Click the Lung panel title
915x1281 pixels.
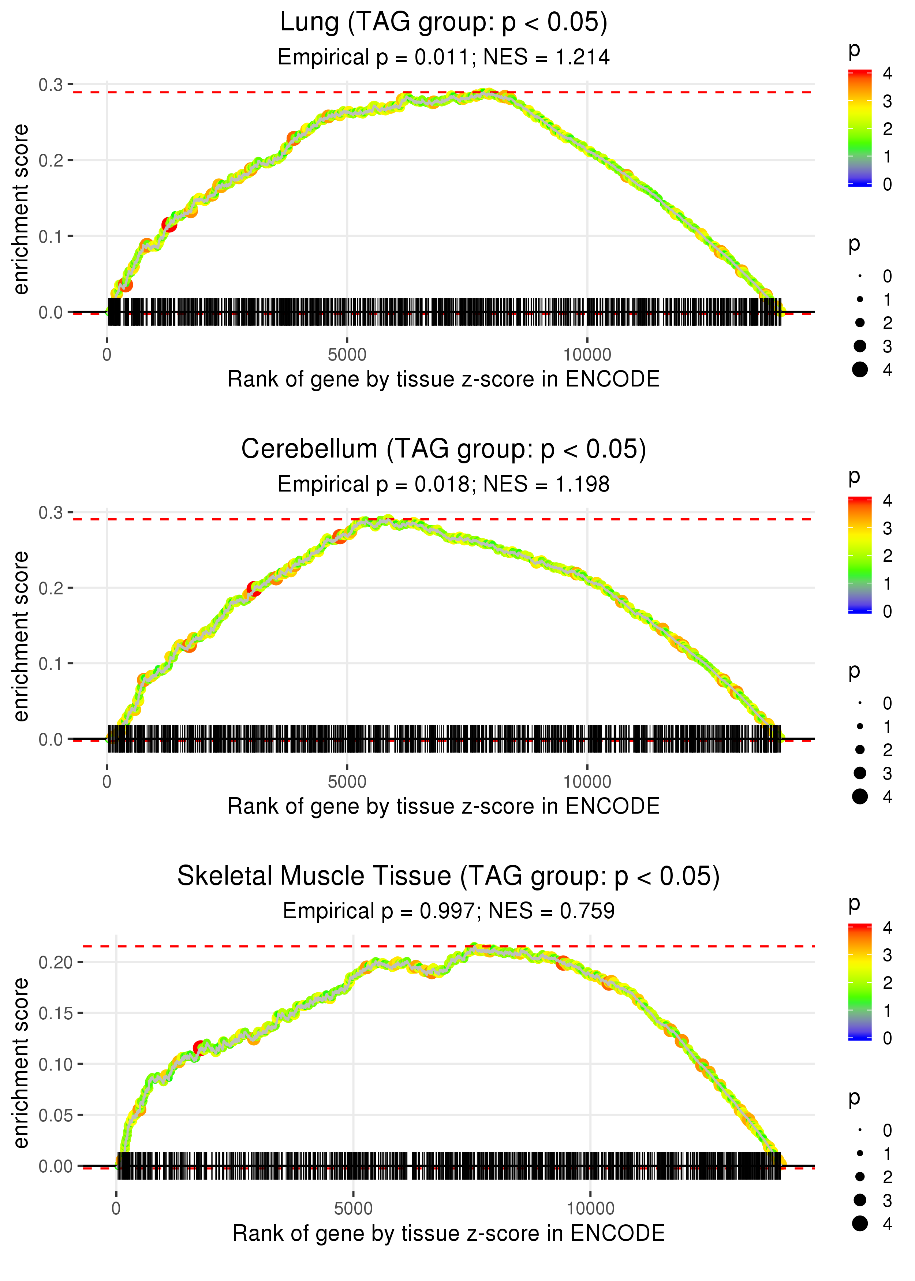point(444,23)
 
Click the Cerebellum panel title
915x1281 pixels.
point(444,449)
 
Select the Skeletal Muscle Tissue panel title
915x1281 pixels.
point(448,877)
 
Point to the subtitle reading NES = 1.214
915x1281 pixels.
point(546,57)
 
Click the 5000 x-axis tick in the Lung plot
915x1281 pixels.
point(347,355)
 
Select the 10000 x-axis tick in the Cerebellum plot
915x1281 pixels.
point(587,782)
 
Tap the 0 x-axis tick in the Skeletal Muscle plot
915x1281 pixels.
point(116,1209)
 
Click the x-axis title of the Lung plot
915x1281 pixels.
point(444,379)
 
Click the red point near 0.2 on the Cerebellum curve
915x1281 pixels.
point(254,589)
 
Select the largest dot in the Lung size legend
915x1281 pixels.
point(860,370)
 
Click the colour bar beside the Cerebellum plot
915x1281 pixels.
point(860,555)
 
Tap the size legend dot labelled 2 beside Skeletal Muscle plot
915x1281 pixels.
point(860,1176)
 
